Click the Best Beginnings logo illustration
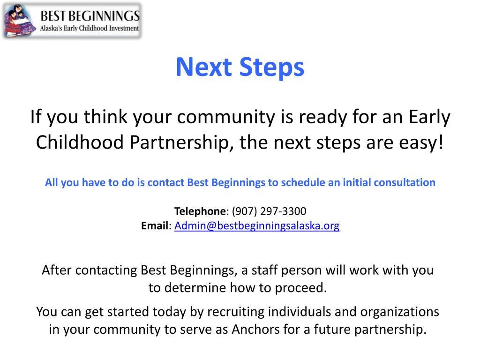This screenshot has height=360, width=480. coord(20,22)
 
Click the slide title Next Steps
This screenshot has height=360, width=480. coord(240,67)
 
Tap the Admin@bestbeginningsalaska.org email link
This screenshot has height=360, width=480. coord(257,226)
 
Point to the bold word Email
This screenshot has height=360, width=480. coord(154,226)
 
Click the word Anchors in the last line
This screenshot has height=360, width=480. coord(256,330)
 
